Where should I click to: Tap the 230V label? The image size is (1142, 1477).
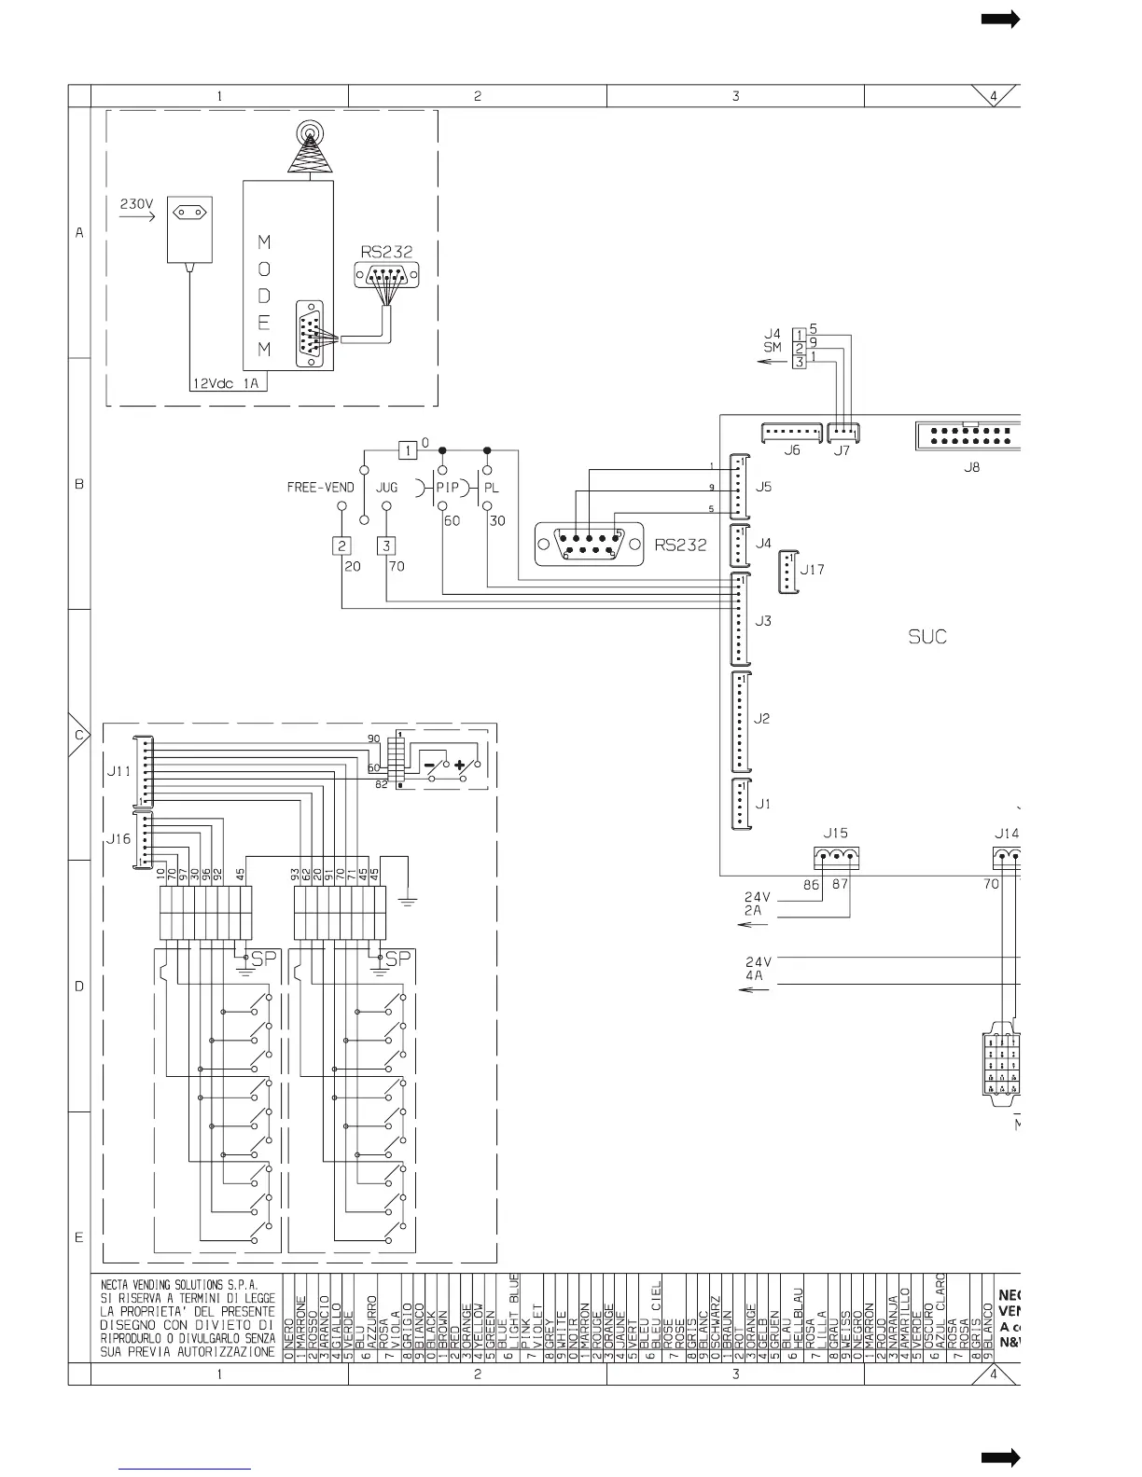point(136,203)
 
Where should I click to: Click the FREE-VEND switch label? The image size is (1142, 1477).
point(320,488)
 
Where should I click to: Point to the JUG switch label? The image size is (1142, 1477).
point(386,488)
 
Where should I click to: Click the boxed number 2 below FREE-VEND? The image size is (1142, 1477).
point(342,546)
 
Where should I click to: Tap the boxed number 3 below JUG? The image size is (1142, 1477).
point(386,546)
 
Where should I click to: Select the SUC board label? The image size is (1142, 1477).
point(926,637)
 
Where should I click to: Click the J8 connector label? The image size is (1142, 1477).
point(971,467)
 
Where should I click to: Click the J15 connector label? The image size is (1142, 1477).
point(835,833)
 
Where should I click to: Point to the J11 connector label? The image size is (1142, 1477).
point(118,772)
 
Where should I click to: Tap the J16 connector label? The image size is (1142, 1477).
point(118,839)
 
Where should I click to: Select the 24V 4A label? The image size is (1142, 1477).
point(757,969)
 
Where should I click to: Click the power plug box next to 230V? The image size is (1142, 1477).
point(189,229)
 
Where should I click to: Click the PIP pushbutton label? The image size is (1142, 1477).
point(448,488)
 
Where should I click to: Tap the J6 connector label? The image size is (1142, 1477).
point(791,450)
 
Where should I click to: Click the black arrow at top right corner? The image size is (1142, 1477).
point(1000,20)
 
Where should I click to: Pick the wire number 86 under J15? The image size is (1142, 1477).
point(811,885)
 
